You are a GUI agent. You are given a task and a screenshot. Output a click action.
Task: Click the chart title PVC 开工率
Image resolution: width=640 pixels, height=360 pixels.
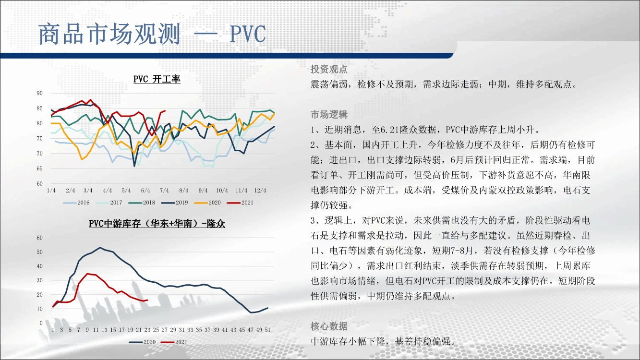pyautogui.click(x=157, y=79)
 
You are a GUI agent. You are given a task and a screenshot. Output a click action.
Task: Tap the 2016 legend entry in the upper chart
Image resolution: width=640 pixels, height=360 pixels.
pyautogui.click(x=76, y=203)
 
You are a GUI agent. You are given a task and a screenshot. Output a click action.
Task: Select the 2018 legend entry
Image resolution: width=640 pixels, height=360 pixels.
pyautogui.click(x=142, y=203)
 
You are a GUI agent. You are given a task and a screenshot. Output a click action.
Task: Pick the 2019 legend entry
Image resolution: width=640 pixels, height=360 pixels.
pyautogui.click(x=175, y=203)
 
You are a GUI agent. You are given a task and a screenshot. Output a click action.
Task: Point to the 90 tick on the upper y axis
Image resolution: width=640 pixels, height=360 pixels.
pyautogui.click(x=39, y=93)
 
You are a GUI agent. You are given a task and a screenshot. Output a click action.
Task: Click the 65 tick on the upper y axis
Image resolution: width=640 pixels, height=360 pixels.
pyautogui.click(x=39, y=168)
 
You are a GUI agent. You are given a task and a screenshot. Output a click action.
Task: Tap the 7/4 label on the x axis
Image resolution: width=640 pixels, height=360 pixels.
pyautogui.click(x=164, y=190)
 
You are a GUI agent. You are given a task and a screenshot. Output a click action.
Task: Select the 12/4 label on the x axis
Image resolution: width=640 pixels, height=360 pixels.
pyautogui.click(x=260, y=190)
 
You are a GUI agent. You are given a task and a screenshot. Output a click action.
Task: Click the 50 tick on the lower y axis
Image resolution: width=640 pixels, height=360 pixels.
pyautogui.click(x=39, y=252)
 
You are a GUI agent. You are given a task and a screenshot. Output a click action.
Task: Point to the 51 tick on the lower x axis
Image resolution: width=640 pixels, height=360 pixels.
pyautogui.click(x=267, y=330)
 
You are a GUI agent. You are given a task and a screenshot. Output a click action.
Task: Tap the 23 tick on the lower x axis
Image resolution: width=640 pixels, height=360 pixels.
pyautogui.click(x=147, y=330)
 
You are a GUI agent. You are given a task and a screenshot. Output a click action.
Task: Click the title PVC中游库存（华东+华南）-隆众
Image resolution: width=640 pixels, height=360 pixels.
pyautogui.click(x=157, y=223)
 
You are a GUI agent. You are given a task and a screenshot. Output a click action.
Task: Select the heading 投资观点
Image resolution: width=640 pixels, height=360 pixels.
pyautogui.click(x=329, y=69)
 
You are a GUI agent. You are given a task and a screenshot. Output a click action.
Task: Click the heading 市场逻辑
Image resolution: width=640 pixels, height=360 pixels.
pyautogui.click(x=329, y=115)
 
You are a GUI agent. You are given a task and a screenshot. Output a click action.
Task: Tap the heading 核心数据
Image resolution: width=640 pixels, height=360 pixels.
pyautogui.click(x=329, y=326)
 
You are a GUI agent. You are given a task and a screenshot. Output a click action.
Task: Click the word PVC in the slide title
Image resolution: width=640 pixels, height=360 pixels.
pyautogui.click(x=248, y=34)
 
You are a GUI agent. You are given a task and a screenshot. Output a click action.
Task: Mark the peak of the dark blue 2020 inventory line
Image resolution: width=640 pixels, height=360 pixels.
pyautogui.click(x=100, y=247)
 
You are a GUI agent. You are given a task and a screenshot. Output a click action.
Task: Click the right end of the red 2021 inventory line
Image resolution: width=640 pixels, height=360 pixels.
pyautogui.click(x=147, y=300)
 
